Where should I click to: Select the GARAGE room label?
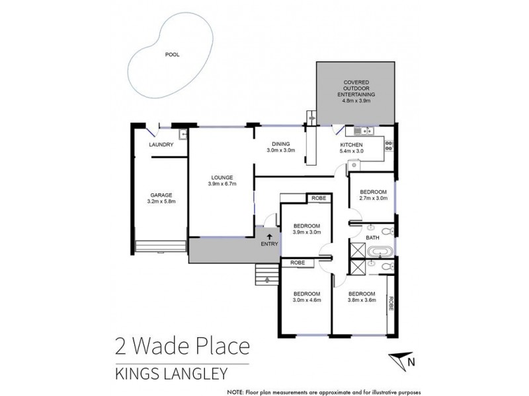tap(161, 195)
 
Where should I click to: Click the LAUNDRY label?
tap(161, 145)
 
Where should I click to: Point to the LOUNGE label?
tap(222, 177)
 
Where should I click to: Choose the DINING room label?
tap(281, 144)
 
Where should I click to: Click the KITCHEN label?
tap(351, 145)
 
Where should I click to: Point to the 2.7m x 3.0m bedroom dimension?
tap(372, 197)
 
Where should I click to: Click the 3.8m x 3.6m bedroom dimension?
tap(362, 300)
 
